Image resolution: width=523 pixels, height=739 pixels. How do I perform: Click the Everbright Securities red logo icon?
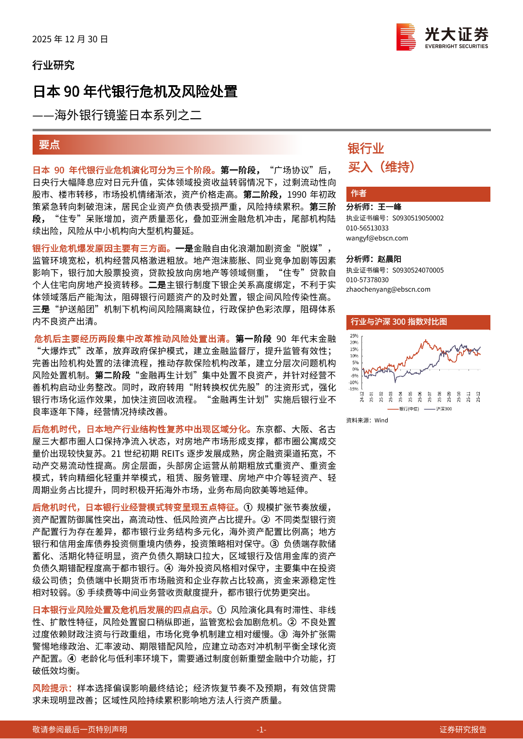tap(406, 36)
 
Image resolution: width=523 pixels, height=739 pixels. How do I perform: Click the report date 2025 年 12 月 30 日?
tap(70, 39)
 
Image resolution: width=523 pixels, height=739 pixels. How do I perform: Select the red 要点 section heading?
tap(49, 145)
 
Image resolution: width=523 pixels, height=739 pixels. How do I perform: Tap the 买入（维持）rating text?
tap(381, 167)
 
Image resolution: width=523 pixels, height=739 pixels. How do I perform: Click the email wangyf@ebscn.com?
tap(377, 238)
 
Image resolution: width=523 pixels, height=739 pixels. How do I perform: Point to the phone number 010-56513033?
tap(367, 228)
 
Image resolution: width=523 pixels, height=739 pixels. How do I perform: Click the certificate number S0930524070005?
tap(418, 270)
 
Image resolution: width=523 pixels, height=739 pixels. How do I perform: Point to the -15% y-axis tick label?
tap(353, 389)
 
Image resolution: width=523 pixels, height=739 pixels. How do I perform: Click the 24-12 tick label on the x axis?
tap(362, 397)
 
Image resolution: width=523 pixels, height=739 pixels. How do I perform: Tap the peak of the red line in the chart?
tap(425, 340)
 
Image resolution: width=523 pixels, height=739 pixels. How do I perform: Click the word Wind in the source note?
tap(381, 421)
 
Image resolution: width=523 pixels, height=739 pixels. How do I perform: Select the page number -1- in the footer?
tap(261, 729)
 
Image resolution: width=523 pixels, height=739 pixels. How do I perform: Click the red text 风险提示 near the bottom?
tap(52, 688)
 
